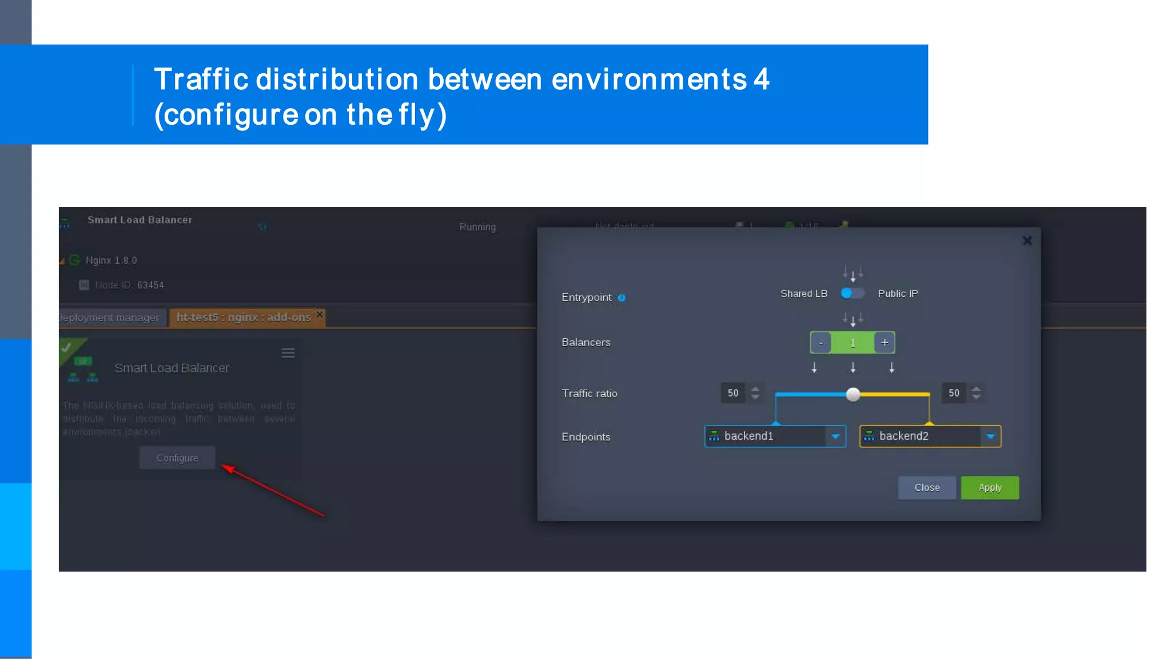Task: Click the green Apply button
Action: pos(989,488)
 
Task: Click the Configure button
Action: pos(177,458)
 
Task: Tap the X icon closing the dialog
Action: pos(1027,241)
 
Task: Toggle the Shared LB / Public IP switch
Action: pos(852,293)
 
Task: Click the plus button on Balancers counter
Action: pos(884,343)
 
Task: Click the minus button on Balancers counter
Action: pos(821,343)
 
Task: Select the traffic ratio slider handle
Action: pos(853,394)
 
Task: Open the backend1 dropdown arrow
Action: pos(835,436)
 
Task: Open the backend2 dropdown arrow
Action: pos(990,436)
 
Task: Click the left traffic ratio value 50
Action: pos(733,393)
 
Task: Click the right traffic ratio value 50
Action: pos(954,393)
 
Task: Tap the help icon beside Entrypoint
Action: pos(622,297)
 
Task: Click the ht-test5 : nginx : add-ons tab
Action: pos(244,317)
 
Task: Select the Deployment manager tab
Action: pos(110,317)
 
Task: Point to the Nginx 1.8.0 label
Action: pos(111,260)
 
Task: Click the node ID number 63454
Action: pos(150,285)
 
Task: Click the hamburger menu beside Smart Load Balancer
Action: pos(288,353)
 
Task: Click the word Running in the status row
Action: pos(477,227)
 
